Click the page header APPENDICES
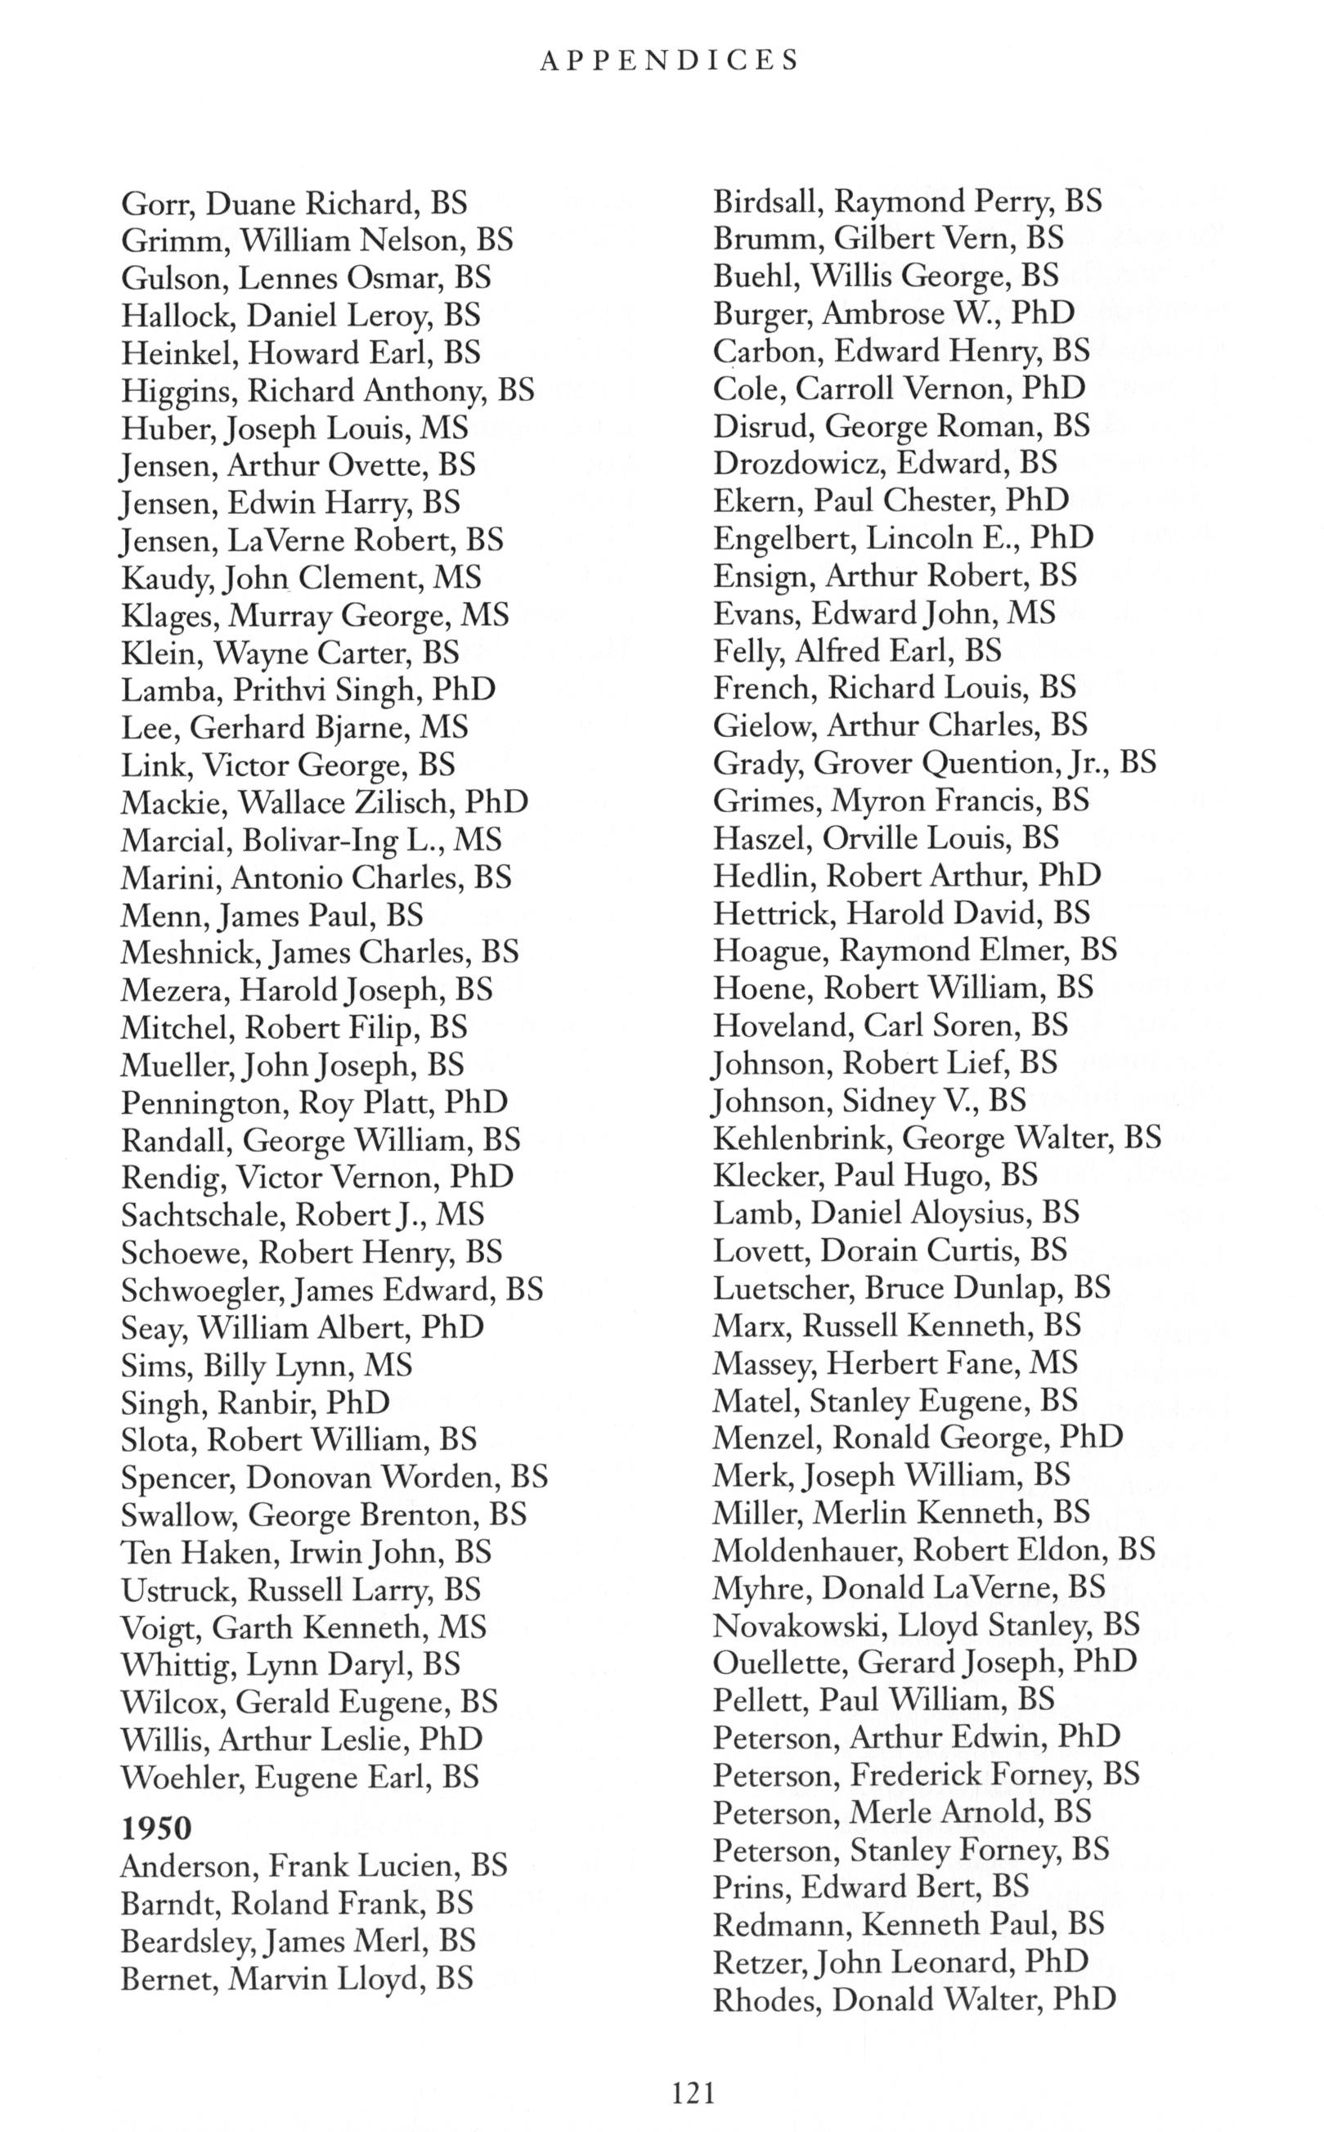(670, 61)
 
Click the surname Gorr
(159, 204)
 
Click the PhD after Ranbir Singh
(358, 1403)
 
